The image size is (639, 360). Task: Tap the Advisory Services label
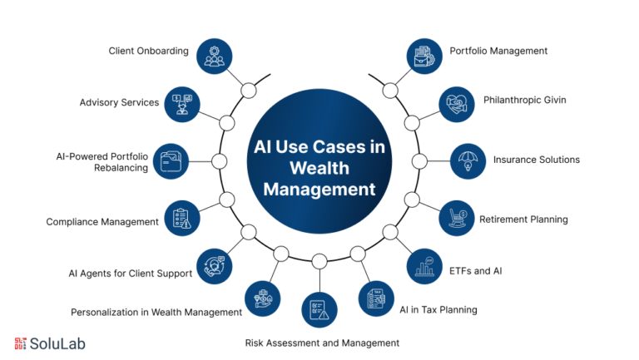(x=119, y=102)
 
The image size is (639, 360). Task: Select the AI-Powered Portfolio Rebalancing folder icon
(x=175, y=160)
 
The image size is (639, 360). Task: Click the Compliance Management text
(x=102, y=222)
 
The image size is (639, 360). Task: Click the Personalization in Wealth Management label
(x=156, y=313)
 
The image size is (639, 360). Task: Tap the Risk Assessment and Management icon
(x=319, y=310)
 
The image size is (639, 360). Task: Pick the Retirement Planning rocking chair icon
(x=457, y=218)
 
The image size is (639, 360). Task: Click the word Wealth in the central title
(x=319, y=168)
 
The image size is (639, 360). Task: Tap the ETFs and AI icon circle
(x=424, y=266)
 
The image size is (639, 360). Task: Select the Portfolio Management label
(x=498, y=51)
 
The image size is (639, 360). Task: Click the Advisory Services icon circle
(x=182, y=103)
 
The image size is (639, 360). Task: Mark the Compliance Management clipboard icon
(x=182, y=218)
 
